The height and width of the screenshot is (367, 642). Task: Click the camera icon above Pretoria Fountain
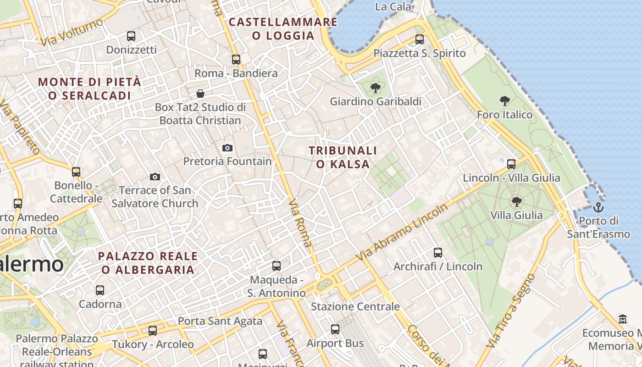tap(227, 148)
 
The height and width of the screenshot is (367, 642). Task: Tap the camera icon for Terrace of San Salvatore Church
tap(155, 177)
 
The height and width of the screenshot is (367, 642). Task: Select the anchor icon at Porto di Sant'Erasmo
tap(598, 207)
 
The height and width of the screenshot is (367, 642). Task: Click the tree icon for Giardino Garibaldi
tap(376, 88)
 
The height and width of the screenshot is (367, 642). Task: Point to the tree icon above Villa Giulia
tap(516, 201)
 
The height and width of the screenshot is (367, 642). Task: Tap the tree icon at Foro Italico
tap(505, 101)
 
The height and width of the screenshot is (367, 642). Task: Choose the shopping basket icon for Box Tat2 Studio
tap(200, 94)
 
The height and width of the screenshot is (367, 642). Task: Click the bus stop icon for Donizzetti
tap(131, 36)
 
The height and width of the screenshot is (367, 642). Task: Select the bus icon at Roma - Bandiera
tap(236, 59)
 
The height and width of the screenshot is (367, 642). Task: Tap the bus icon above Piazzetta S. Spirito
tap(420, 39)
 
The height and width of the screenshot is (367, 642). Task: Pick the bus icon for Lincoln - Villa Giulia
tap(511, 164)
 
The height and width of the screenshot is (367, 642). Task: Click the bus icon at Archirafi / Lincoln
tap(438, 252)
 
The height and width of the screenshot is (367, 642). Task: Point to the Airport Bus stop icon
tap(335, 329)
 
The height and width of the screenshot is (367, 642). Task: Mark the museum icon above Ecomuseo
tap(623, 319)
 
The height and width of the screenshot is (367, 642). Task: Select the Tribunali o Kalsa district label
tap(343, 157)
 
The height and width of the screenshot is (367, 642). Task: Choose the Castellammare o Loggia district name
tap(283, 28)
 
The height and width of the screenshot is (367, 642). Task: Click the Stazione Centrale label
tap(355, 306)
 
